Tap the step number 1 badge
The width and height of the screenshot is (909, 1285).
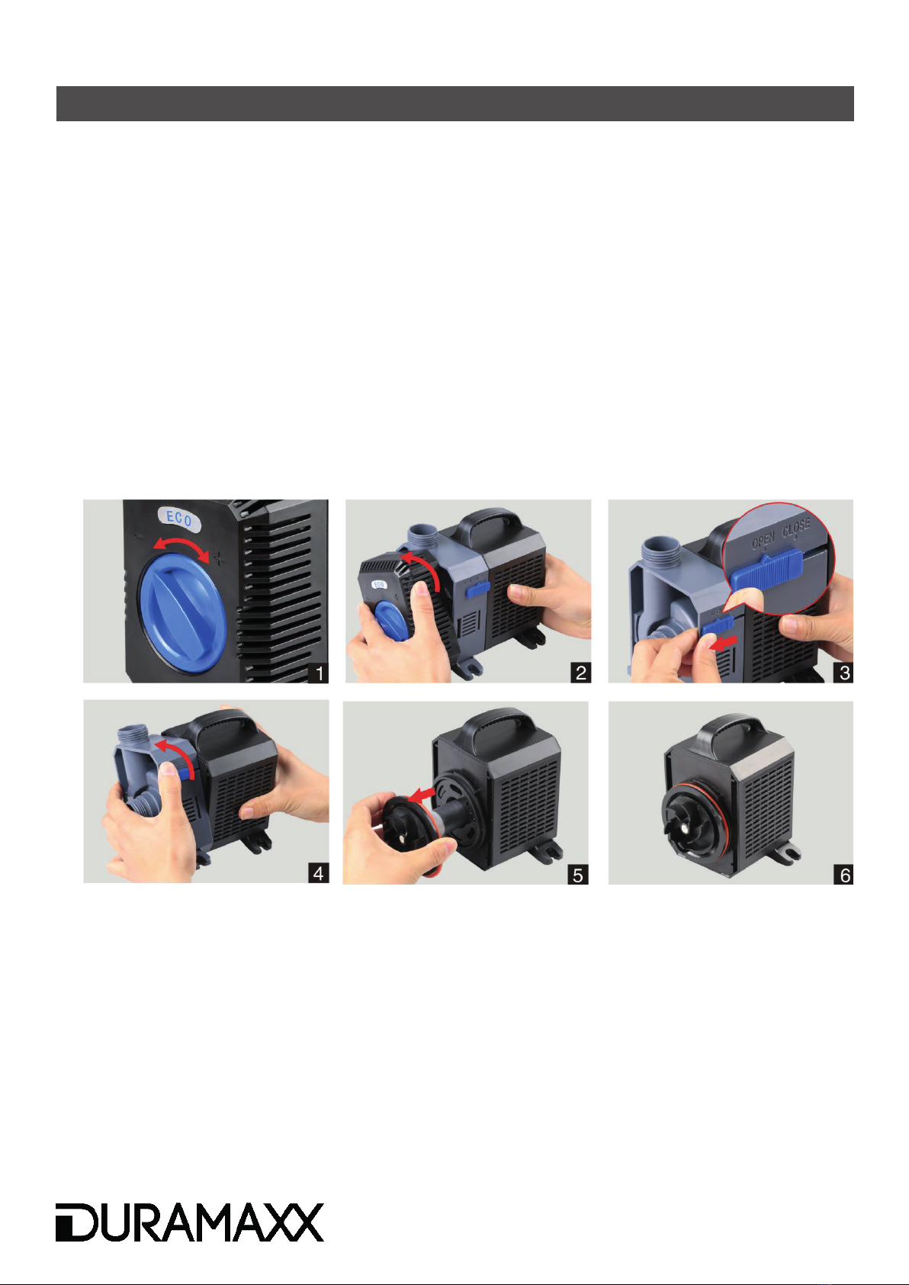coord(318,673)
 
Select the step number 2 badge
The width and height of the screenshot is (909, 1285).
coord(580,673)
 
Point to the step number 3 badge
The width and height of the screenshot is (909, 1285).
coord(843,673)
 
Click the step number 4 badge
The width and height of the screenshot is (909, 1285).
coord(318,873)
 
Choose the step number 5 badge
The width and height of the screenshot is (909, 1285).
coord(578,875)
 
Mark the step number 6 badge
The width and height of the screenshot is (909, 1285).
coord(843,875)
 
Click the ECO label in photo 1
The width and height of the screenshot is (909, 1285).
coord(179,519)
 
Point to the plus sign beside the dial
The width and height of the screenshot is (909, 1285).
coord(219,558)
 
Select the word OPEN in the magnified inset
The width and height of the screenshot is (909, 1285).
coord(763,539)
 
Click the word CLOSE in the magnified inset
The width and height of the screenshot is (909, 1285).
coord(796,529)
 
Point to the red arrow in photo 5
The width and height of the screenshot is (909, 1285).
coord(421,795)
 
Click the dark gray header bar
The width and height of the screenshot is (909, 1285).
coord(454,104)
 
